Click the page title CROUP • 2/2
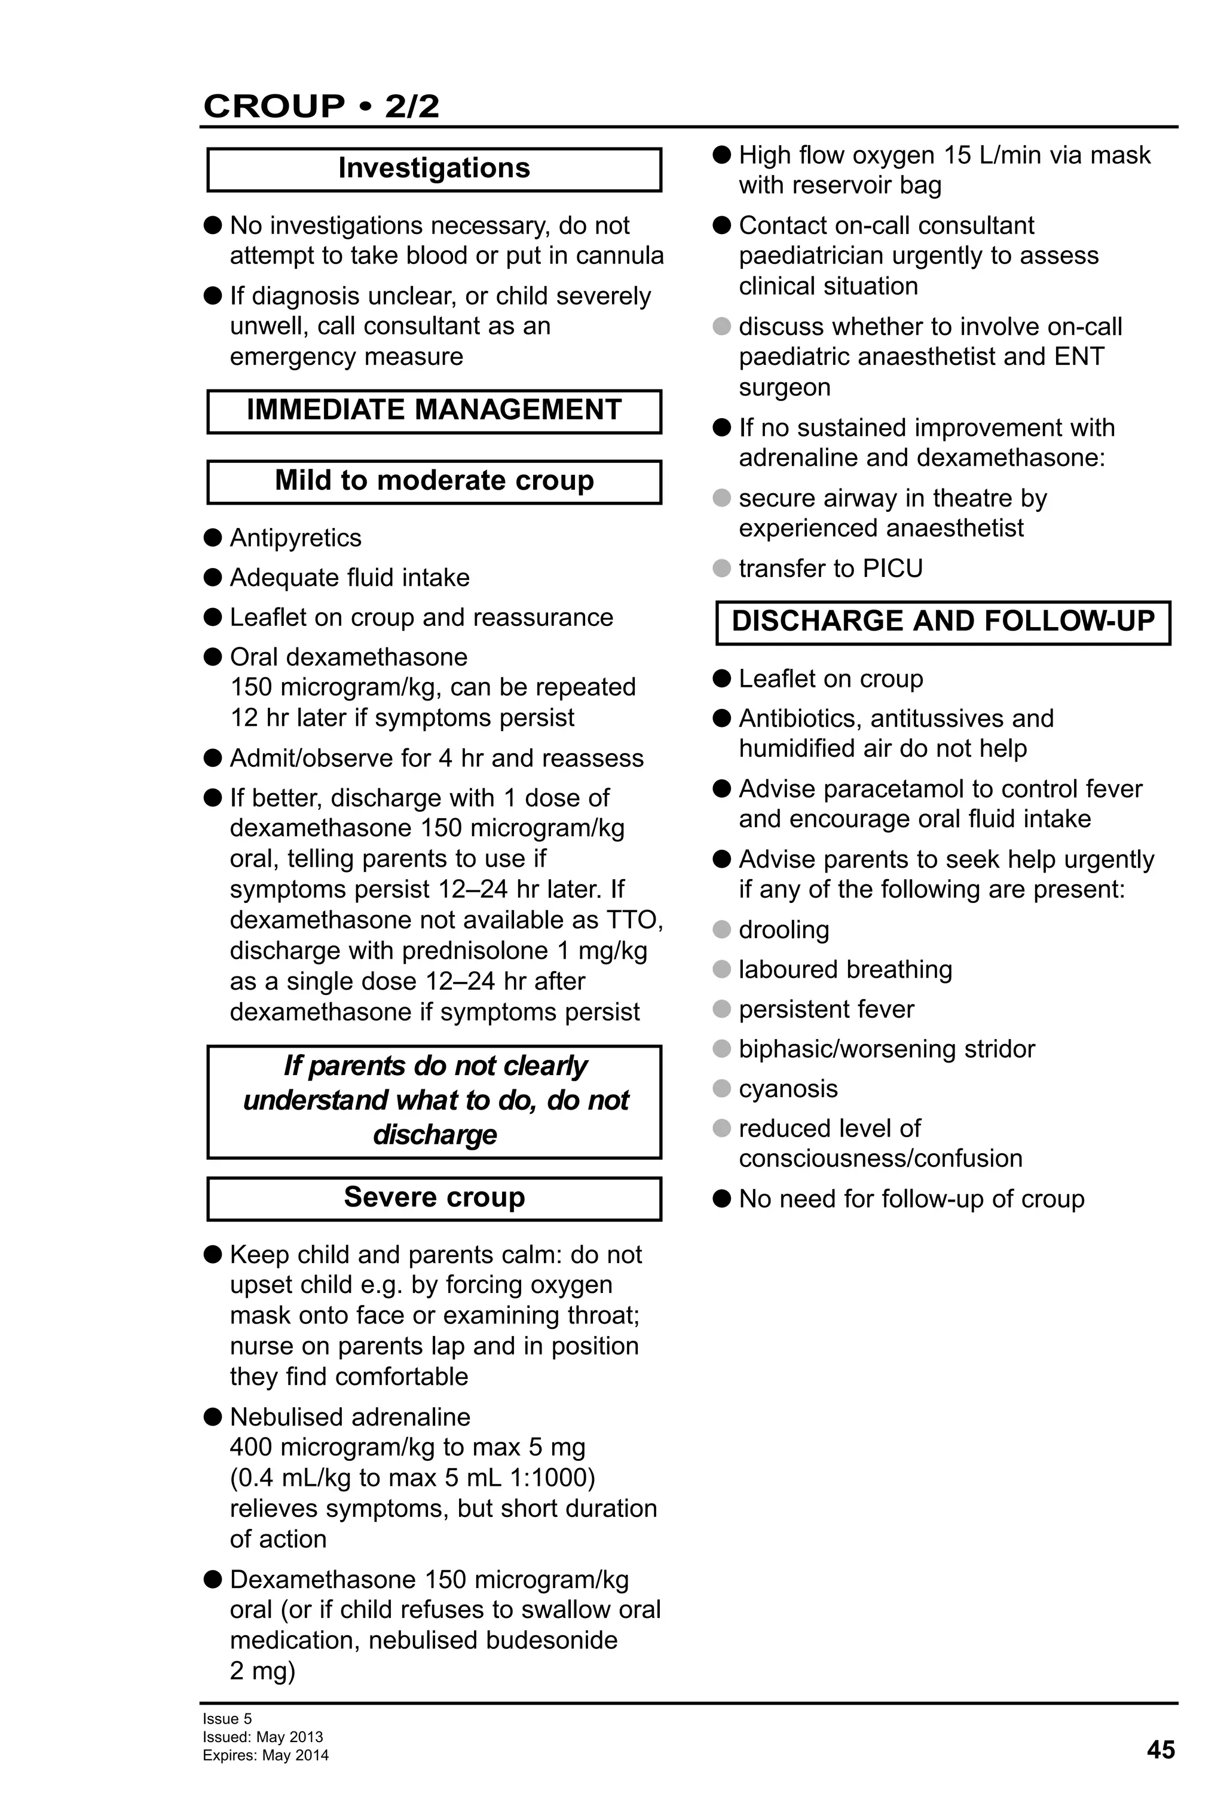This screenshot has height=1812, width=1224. [x=320, y=106]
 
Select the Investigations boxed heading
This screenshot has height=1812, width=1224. [x=434, y=168]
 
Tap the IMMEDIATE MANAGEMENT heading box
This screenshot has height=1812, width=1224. [x=434, y=410]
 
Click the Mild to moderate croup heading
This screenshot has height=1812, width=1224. [x=434, y=481]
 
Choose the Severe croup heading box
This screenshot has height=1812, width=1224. [x=434, y=1197]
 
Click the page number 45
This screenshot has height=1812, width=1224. [x=1160, y=1750]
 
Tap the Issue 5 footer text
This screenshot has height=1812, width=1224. [x=227, y=1718]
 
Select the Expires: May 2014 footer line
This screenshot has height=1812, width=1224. [x=265, y=1755]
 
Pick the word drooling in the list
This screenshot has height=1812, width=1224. [x=784, y=929]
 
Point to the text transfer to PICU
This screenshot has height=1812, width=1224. [x=830, y=569]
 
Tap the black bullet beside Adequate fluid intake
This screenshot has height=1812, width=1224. [x=213, y=577]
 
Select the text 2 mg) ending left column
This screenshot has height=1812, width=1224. [x=262, y=1671]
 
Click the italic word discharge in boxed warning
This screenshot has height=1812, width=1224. [x=434, y=1135]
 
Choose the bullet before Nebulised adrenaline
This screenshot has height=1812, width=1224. [x=213, y=1417]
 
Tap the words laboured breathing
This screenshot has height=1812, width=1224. [x=845, y=969]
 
